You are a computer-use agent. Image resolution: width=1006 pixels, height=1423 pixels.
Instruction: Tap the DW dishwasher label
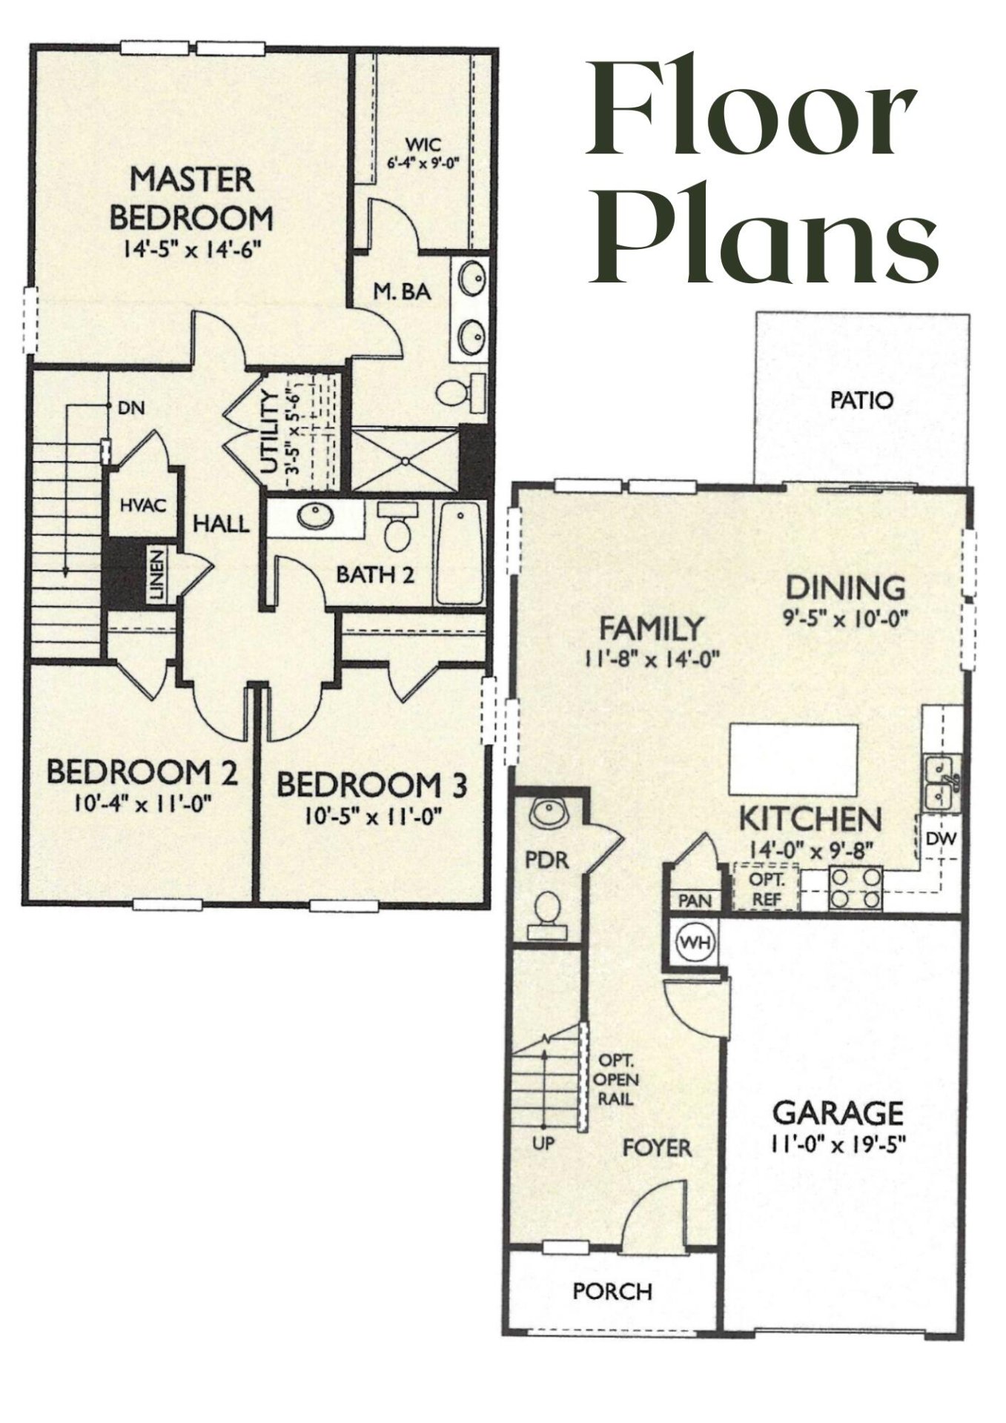942,840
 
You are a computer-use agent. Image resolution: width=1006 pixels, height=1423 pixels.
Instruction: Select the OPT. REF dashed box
765,888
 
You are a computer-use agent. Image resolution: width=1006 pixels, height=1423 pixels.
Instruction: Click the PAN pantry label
695,901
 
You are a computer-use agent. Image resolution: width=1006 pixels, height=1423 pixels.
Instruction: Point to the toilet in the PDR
549,909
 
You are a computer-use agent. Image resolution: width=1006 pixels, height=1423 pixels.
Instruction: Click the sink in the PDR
548,813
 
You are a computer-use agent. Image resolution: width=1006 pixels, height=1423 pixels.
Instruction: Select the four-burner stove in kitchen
856,888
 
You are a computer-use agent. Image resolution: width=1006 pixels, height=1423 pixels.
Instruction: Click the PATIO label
861,401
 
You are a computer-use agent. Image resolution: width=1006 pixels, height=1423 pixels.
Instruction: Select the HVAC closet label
142,505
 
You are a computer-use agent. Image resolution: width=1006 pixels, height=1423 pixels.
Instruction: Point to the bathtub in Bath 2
460,553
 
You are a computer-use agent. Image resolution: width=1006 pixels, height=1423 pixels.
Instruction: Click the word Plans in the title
764,236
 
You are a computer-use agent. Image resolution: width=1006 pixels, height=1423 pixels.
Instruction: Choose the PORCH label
612,1292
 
